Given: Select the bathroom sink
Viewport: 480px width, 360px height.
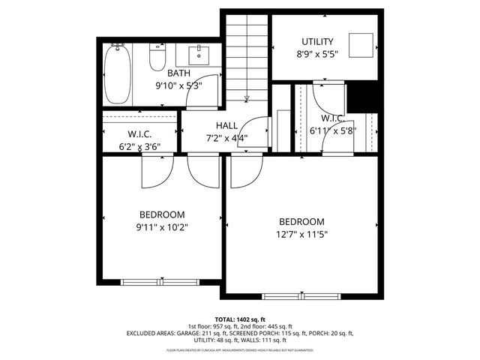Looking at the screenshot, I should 200,55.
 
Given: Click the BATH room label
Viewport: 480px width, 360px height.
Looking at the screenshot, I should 178,73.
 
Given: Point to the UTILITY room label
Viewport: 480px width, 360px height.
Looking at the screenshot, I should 317,41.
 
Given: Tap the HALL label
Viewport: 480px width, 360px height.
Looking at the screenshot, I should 226,125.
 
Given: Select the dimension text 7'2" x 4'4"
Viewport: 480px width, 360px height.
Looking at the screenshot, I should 226,138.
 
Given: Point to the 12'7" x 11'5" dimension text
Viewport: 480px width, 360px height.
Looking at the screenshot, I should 301,234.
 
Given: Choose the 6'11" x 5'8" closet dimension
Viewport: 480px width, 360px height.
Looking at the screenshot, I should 331,130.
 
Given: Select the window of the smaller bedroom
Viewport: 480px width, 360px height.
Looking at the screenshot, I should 147,282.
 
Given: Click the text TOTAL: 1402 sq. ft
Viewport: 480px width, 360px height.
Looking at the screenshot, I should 240,319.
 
